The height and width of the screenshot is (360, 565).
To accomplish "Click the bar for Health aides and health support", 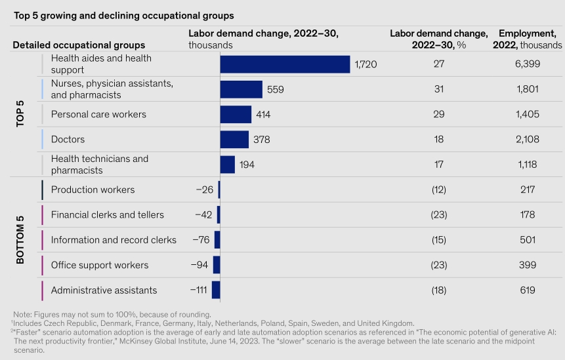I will tap(285, 64).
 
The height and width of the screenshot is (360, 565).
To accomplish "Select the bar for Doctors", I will tap(234, 140).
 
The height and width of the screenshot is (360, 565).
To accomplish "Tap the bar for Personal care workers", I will tap(236, 115).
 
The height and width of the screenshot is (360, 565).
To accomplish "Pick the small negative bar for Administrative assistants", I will tap(216, 290).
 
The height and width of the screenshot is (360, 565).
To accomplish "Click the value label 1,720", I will tap(366, 64).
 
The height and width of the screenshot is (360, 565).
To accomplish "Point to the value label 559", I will tap(275, 90).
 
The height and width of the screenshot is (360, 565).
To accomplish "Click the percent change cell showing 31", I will tap(438, 90).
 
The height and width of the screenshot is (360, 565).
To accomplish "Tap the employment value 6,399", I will tap(526, 64).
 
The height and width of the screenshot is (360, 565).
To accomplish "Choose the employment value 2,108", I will tap(526, 140).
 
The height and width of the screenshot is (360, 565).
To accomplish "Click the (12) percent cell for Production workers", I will tap(438, 190).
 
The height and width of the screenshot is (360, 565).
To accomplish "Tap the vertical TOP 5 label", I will tap(20, 115).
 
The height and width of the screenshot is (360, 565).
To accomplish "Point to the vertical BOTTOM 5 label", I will tap(20, 240).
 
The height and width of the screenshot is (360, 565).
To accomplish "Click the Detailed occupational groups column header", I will tap(79, 45).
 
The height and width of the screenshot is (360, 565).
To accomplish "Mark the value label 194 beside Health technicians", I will tap(247, 165).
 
